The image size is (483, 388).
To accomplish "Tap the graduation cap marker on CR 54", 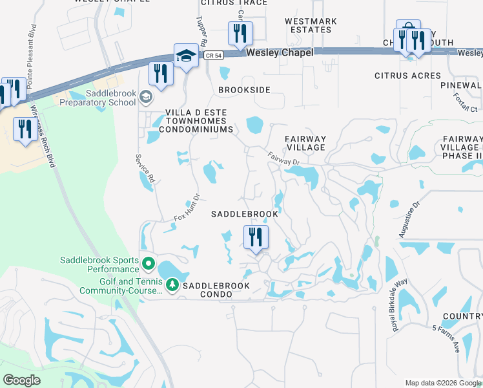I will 185,56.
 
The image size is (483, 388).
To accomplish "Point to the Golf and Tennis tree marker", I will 172,284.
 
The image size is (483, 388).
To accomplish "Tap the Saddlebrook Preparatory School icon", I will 146,97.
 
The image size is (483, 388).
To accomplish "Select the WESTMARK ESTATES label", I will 311,25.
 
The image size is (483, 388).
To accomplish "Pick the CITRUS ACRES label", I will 408,76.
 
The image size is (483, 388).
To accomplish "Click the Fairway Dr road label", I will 284,157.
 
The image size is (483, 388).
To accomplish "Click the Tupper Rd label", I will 200,31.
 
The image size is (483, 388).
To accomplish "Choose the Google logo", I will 22,380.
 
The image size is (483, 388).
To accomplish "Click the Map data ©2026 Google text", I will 442,382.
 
